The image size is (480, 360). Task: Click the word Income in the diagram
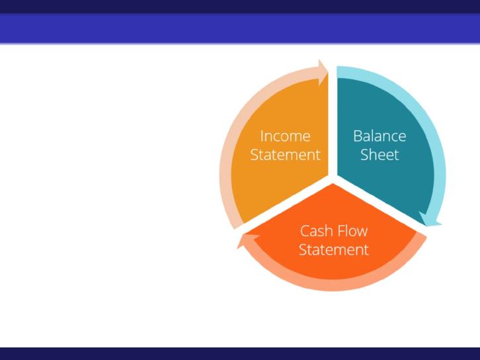[x=285, y=136]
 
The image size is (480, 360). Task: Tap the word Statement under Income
[x=286, y=154]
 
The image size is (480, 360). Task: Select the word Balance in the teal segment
[x=380, y=136]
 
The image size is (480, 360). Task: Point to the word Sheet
[x=380, y=154]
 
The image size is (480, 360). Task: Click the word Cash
[x=314, y=231]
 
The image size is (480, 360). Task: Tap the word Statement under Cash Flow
[x=334, y=249]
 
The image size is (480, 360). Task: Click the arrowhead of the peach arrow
[x=323, y=73]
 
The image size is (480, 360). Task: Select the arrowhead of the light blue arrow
[x=430, y=220]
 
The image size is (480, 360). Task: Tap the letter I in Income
[x=261, y=136]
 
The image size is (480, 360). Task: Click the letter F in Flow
[x=338, y=232]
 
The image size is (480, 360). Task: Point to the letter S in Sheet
[x=364, y=155]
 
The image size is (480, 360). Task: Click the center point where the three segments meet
[x=333, y=179]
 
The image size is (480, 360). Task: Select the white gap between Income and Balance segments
[x=333, y=122]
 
